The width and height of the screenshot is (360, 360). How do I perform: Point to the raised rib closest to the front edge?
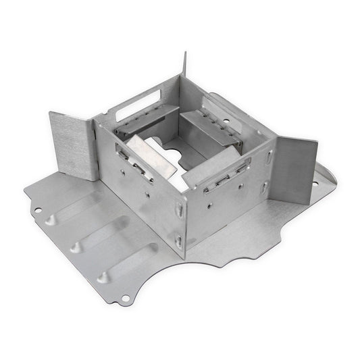[129, 263]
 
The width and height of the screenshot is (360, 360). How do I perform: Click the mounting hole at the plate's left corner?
[37, 210]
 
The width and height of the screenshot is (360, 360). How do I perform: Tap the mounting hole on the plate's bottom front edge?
[126, 298]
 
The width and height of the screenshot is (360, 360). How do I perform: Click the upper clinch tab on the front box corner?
[180, 212]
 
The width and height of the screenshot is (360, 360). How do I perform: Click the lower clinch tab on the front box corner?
[178, 238]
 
